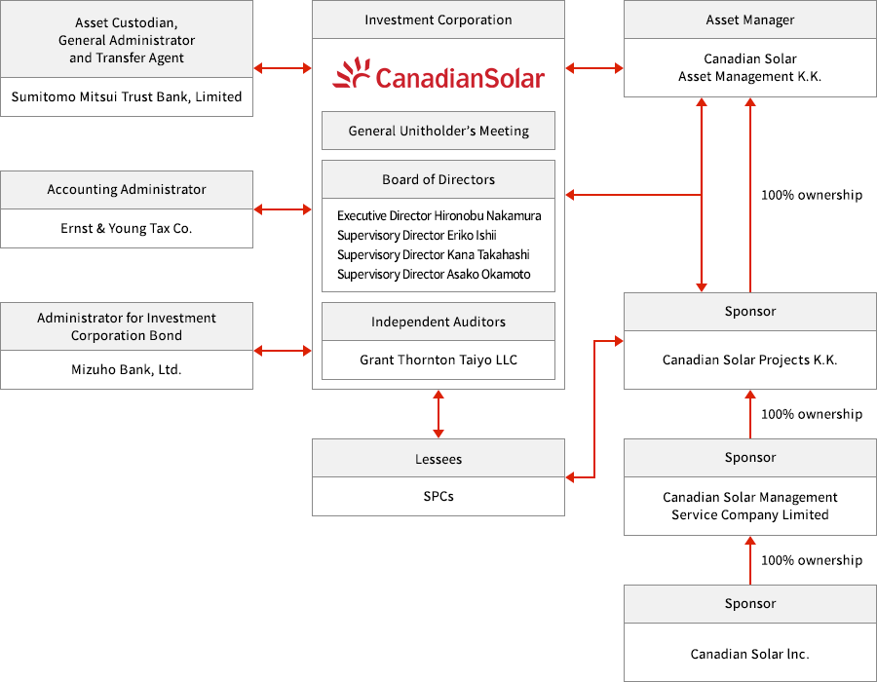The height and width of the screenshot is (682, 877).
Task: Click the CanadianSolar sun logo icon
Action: tap(352, 74)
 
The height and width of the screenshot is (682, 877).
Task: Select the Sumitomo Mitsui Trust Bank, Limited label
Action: tap(127, 96)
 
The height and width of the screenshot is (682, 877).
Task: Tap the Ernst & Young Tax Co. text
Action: tap(127, 228)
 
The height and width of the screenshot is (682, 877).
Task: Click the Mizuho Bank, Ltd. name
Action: tap(127, 369)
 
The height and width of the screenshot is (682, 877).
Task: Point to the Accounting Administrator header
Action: tap(127, 189)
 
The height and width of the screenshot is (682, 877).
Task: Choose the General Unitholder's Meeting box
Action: tap(438, 131)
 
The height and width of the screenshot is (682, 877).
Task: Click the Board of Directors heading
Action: tap(438, 179)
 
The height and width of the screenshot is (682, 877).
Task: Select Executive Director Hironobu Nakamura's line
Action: tap(438, 215)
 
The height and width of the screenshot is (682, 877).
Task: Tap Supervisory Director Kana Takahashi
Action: tap(433, 254)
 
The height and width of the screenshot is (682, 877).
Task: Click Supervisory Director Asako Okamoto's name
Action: tap(434, 274)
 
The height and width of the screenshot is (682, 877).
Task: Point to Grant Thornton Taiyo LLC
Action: tap(438, 360)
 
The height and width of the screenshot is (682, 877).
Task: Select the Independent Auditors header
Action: tap(438, 322)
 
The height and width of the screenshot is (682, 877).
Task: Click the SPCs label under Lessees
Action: tap(438, 496)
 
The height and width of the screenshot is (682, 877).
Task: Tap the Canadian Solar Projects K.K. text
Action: tap(750, 360)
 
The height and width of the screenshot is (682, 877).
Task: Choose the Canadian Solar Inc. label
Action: tap(750, 654)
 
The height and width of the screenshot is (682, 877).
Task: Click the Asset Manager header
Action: tap(750, 19)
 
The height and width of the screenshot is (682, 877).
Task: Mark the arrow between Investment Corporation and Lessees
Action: tap(438, 414)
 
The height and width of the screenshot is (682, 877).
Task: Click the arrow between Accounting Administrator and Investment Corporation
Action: tap(283, 209)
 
